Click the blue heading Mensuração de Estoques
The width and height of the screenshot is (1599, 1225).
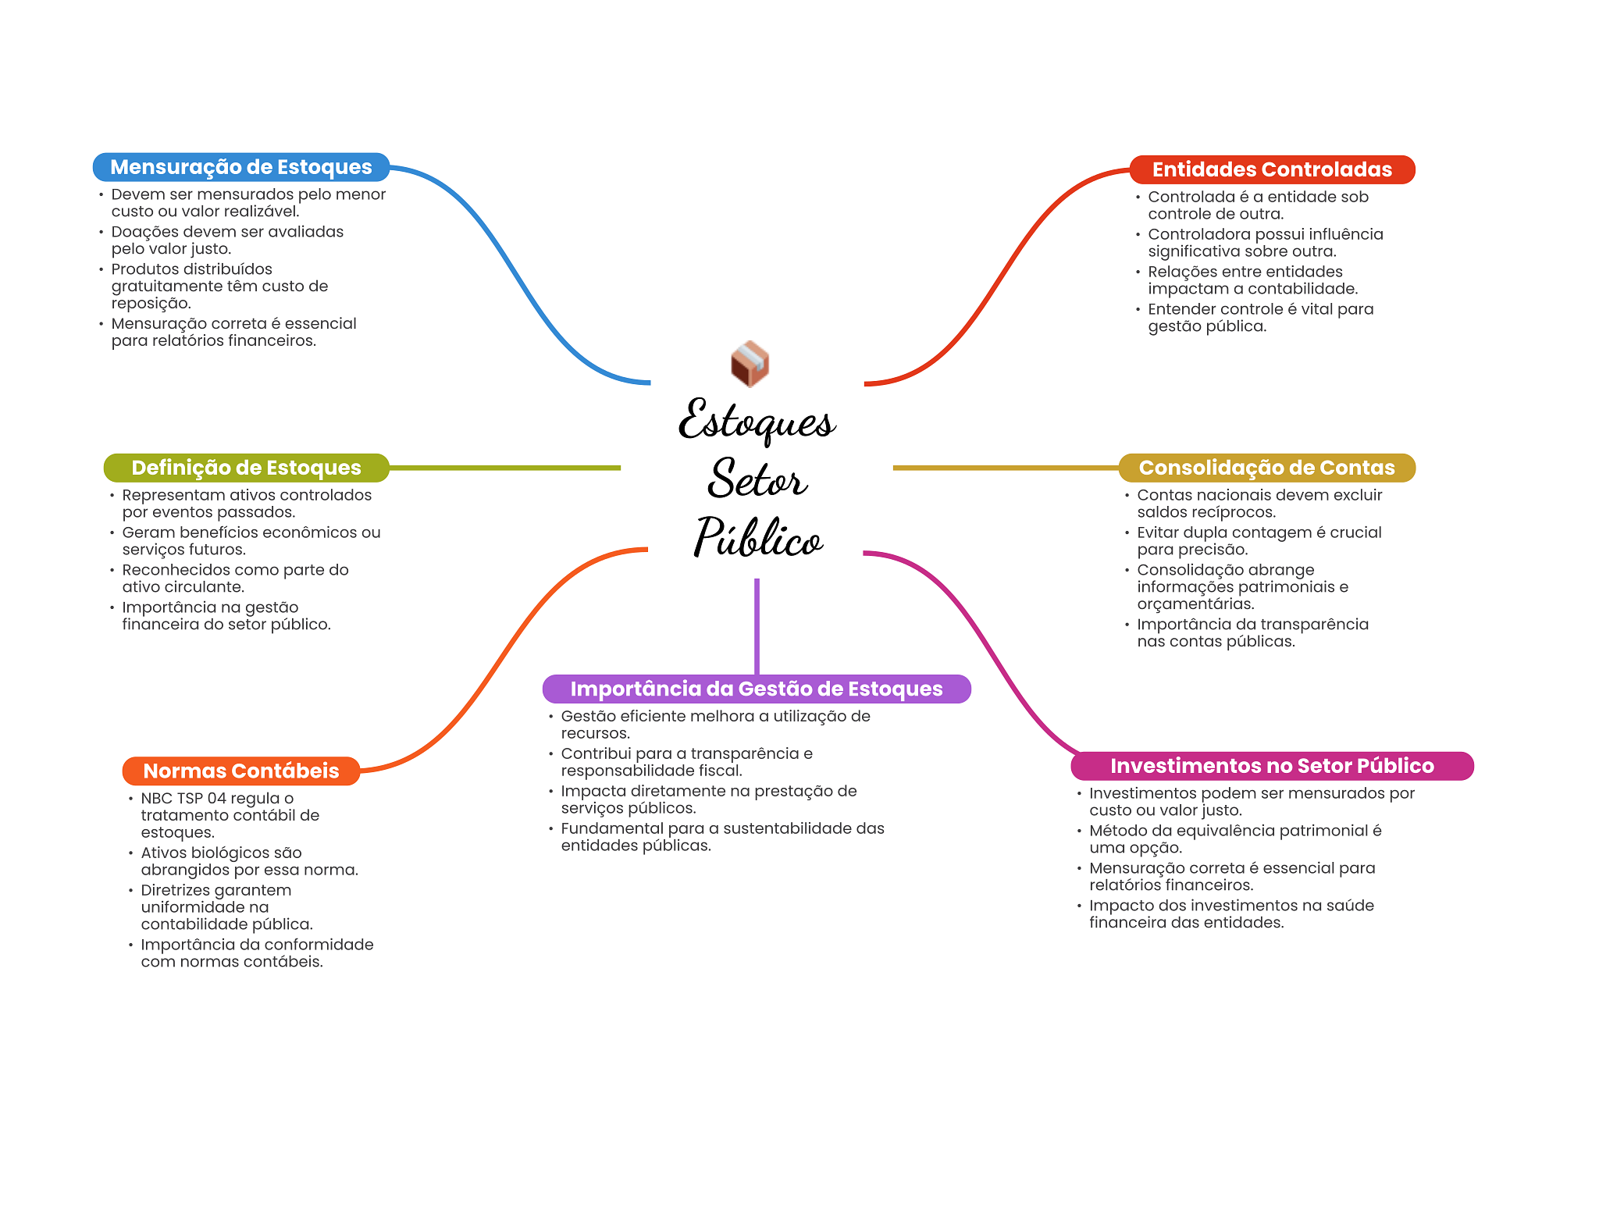click(240, 167)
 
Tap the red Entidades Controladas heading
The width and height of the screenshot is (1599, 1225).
click(1271, 169)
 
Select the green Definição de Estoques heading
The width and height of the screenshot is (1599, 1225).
click(246, 468)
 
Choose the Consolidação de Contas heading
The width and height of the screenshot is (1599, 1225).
click(1266, 468)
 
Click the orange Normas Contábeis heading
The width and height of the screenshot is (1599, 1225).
click(240, 771)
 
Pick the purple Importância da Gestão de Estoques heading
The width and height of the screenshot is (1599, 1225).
click(756, 689)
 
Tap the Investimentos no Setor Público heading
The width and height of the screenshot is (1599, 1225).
click(1271, 766)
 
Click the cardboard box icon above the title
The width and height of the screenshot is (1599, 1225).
click(750, 364)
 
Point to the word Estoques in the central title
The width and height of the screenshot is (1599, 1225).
click(756, 422)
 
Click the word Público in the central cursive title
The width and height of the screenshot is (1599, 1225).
click(757, 538)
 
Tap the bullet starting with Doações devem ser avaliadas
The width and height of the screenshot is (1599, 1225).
click(226, 240)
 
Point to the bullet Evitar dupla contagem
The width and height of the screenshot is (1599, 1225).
click(1258, 540)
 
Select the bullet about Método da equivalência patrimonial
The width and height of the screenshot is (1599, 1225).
click(1234, 839)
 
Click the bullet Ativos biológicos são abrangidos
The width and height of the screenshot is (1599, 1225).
click(248, 861)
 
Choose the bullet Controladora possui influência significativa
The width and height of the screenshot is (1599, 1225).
click(1264, 242)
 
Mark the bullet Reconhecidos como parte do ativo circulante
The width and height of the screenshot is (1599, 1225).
click(234, 578)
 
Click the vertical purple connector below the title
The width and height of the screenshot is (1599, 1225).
click(757, 625)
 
